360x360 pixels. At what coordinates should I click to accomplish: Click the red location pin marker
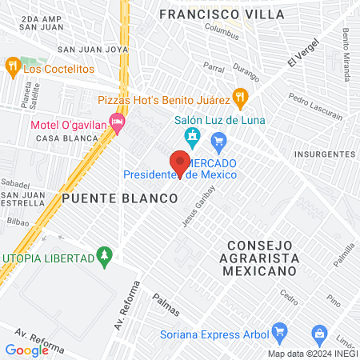click(181, 162)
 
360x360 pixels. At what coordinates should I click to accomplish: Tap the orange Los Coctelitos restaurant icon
click(12, 66)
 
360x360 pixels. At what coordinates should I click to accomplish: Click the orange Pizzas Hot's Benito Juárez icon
click(239, 98)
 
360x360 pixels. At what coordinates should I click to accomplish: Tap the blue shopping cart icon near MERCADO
click(218, 143)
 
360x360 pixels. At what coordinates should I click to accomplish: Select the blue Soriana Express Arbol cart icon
click(279, 330)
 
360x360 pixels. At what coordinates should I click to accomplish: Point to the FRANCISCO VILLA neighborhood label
click(222, 14)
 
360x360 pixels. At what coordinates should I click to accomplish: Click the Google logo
click(26, 350)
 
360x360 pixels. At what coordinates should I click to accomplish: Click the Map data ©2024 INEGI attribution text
click(312, 354)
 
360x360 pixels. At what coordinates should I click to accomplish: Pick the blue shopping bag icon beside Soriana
click(318, 331)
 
